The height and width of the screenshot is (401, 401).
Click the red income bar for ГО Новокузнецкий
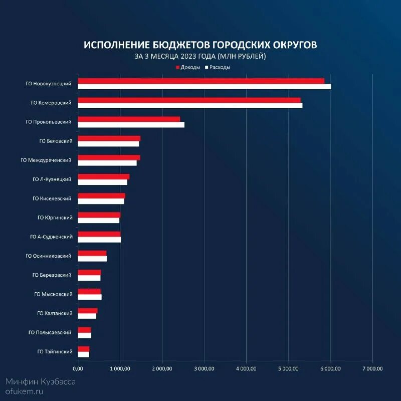[x=200, y=81]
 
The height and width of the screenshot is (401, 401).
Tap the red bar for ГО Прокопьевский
[x=129, y=119]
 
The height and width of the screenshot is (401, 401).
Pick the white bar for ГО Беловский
[x=108, y=144]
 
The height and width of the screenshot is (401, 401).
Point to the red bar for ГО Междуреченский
[x=109, y=157]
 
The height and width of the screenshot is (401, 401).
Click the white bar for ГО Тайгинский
[x=83, y=354]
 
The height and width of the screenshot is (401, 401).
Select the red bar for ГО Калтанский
[x=88, y=311]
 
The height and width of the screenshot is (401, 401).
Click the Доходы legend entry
[x=188, y=67]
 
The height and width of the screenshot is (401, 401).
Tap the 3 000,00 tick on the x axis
[x=204, y=368]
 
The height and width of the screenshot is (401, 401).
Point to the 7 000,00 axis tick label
[x=372, y=368]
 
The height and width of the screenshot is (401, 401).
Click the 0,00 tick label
[x=78, y=368]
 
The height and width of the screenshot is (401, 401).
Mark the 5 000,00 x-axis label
[x=288, y=368]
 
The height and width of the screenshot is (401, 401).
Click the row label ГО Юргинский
[x=55, y=218]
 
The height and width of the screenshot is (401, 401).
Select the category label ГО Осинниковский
[x=49, y=256]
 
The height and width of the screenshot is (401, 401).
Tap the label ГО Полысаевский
[x=50, y=332]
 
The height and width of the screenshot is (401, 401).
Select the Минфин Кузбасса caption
[x=41, y=381]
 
